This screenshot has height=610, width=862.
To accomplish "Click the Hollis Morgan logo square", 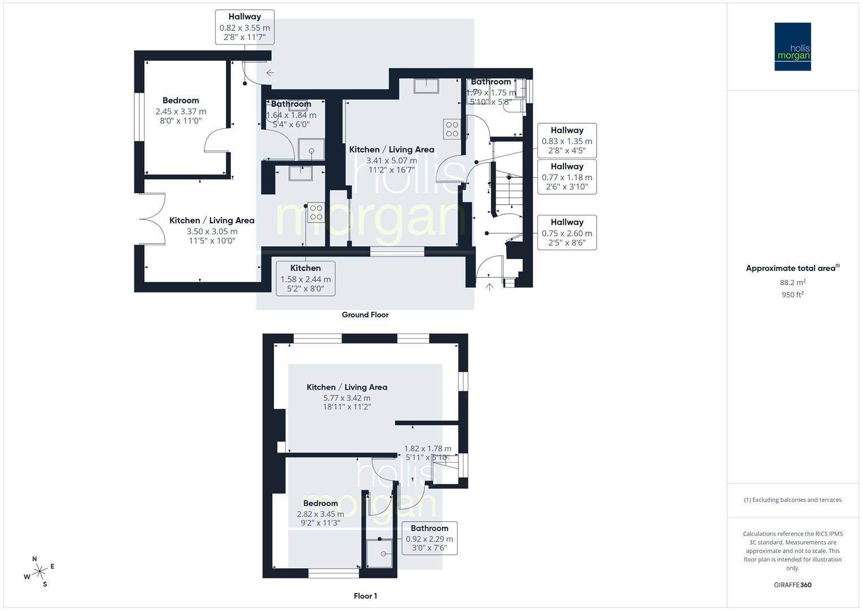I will tap(792, 46).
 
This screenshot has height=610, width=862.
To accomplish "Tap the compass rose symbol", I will tap(39, 572).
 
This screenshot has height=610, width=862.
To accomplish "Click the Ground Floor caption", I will tap(365, 315).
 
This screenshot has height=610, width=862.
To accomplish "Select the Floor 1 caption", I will tap(365, 596).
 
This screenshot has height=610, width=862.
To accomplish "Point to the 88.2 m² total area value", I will tap(792, 282).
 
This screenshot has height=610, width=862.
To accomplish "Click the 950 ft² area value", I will tap(792, 294).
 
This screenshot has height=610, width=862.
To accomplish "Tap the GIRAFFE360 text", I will tap(792, 585).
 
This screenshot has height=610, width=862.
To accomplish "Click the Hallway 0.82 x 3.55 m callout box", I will tap(244, 27).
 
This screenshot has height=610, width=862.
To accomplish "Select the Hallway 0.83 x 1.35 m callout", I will tap(567, 141).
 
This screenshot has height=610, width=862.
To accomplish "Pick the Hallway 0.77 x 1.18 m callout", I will tap(567, 177).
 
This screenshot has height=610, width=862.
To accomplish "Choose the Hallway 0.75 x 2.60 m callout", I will tap(567, 232).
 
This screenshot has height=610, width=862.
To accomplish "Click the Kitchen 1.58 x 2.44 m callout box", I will tap(305, 278).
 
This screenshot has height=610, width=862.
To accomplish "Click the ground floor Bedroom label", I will tap(181, 101).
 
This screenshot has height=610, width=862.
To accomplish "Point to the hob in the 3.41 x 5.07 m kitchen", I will tap(452, 129).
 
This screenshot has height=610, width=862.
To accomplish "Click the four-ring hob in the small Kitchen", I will tap(316, 212).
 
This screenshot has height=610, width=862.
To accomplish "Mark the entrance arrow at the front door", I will tap(489, 287).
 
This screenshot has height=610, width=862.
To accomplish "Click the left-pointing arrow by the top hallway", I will tap(270, 72).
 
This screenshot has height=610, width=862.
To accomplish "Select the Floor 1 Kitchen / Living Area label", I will tap(347, 387).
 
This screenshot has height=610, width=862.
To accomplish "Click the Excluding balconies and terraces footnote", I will tap(792, 500).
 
